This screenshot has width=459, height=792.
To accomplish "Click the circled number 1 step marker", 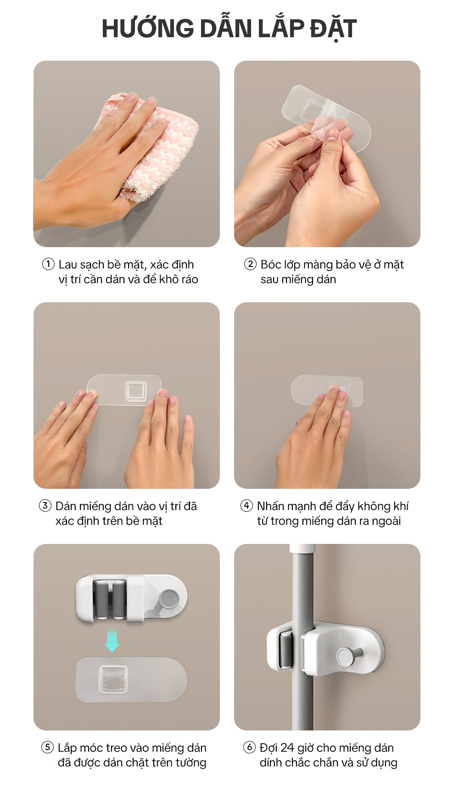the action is coord(48,264).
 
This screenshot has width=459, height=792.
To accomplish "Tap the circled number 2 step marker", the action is coord(250,264).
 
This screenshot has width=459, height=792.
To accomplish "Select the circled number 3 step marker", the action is coord(45,506).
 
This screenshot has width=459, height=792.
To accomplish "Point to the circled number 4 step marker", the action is coord(246,506).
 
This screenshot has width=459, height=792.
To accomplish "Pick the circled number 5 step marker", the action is coord(47,747).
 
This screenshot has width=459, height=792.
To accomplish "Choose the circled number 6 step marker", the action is coord(249,747).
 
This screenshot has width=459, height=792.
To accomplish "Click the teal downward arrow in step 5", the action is coord(112,641).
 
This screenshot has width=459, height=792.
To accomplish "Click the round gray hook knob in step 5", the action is coord(169,599).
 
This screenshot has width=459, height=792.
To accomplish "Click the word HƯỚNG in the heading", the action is coord(148,28).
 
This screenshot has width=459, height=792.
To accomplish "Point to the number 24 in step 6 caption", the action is coord(287,748).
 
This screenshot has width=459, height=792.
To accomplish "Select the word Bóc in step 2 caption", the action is coord(271,264).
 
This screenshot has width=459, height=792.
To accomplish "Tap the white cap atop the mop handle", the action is coord(302,549).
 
